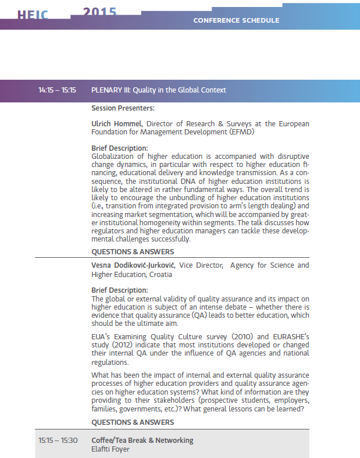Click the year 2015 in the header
99,11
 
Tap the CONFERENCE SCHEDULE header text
236,20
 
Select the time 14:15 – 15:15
58,90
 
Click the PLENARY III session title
159,90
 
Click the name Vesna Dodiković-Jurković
134,265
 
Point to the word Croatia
161,274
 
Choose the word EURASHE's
289,336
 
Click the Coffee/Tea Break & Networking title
142,440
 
